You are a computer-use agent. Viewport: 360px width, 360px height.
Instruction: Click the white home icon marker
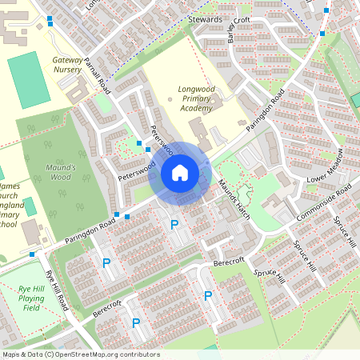(x=180, y=172)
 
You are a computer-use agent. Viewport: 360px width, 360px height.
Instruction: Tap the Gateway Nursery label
(x=66, y=65)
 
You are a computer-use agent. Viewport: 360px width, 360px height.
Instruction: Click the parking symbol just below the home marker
(x=174, y=225)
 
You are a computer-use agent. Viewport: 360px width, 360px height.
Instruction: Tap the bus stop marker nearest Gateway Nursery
(x=50, y=19)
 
